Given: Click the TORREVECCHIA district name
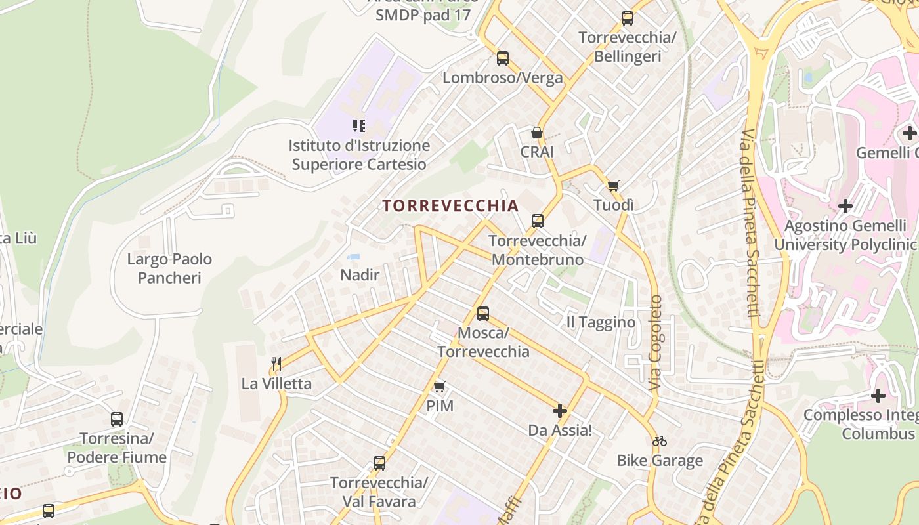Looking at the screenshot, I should tap(450, 206).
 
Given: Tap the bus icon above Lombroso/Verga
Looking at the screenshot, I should tap(503, 58).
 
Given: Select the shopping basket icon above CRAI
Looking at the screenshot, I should tap(537, 133).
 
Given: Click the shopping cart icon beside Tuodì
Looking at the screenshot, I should tap(613, 186).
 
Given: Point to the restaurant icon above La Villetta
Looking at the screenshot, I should tap(276, 364).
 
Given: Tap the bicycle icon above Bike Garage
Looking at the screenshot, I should tap(660, 441).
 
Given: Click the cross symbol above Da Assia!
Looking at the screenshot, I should tap(560, 411).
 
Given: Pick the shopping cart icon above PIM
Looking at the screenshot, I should tap(440, 387).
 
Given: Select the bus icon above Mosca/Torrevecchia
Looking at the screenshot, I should tap(483, 314).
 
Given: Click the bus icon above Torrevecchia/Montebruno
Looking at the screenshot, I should tap(538, 221).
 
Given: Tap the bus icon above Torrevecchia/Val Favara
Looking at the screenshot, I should tap(379, 463).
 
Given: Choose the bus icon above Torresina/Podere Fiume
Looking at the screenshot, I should tap(117, 419).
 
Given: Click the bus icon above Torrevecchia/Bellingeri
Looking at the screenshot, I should tap(628, 18).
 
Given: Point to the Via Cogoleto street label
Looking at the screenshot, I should tap(656, 343).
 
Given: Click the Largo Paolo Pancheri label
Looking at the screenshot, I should tap(169, 268).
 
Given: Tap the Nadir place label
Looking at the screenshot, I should tap(360, 275).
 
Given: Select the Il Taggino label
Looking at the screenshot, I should tap(601, 322).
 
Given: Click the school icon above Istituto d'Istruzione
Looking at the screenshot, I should tap(358, 125).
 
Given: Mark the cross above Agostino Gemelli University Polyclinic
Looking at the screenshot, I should tap(845, 206).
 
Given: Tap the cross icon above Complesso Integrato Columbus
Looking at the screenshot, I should tap(878, 396).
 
